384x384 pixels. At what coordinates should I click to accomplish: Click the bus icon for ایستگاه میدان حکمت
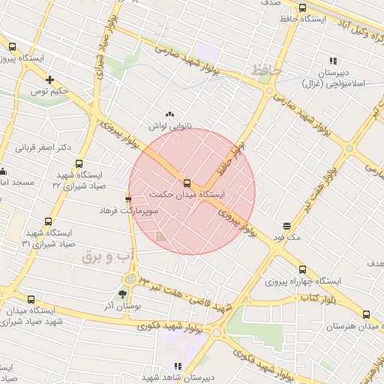tap(187, 183)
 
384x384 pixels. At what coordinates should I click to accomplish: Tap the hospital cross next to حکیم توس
tap(50, 79)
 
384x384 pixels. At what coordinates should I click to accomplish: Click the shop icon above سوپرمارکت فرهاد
tap(128, 199)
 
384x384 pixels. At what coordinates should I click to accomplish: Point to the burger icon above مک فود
tap(286, 226)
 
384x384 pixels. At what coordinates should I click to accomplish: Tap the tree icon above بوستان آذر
tap(122, 294)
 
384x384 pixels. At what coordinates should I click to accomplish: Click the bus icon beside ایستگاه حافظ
tap(302, 8)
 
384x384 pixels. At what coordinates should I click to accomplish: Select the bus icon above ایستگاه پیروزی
tap(11, 46)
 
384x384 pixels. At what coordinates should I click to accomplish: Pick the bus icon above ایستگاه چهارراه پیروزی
tap(302, 269)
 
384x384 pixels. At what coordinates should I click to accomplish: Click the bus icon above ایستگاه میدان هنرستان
tap(366, 315)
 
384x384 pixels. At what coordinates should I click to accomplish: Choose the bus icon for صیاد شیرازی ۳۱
tap(48, 222)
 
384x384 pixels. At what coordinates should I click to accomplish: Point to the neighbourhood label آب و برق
tap(107, 257)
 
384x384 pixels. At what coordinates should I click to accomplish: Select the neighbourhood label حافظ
tap(267, 70)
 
